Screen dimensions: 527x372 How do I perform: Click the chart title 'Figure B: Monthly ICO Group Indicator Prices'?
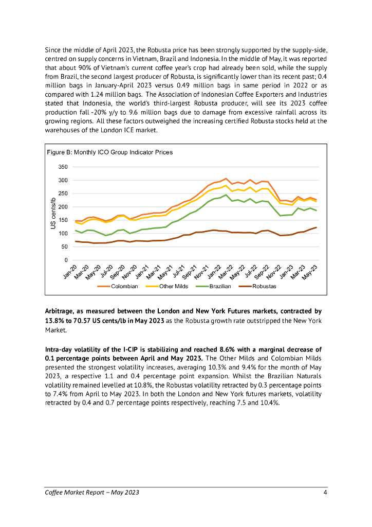[109, 152]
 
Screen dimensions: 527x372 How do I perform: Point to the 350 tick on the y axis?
[63, 167]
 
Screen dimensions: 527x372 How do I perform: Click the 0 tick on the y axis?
[66, 260]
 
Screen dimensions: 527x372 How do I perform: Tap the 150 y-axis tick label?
[63, 220]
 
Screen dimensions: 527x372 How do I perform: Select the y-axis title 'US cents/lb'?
[52, 214]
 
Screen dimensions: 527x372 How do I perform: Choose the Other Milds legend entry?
[174, 286]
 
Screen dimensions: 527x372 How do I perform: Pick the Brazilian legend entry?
[219, 286]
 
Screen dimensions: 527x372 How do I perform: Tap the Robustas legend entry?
[264, 286]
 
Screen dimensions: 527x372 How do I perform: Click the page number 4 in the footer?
[326, 493]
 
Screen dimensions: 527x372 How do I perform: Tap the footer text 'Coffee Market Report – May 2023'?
[91, 493]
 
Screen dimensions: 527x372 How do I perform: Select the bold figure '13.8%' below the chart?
[55, 320]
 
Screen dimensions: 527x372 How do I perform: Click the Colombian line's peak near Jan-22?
[226, 179]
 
